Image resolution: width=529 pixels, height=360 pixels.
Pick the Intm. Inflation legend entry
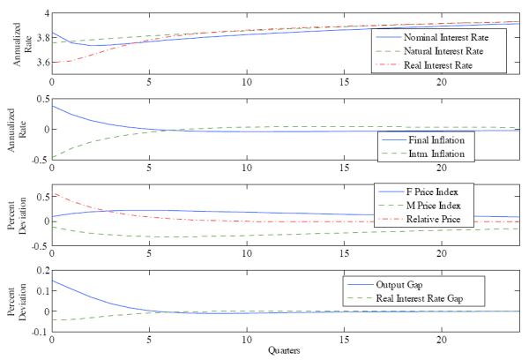438,154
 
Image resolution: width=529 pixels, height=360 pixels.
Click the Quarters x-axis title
285,350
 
